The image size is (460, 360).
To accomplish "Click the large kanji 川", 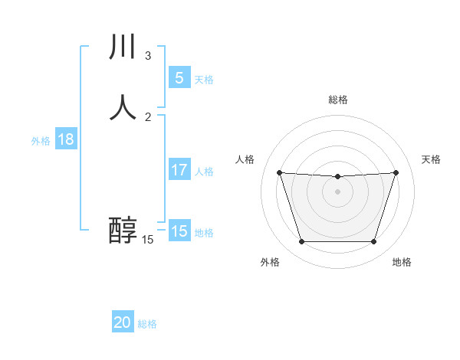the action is point(123,47).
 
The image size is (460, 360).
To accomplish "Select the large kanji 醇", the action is point(123,231).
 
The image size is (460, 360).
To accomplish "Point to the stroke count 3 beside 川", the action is point(148,56).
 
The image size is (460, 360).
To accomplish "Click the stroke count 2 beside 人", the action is point(148,116).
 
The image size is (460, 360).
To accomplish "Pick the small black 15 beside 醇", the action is point(148,240).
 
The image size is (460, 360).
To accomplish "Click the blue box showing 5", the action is point(179,78).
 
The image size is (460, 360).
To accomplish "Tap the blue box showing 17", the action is point(179,170).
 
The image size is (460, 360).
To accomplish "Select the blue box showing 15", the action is point(179,231).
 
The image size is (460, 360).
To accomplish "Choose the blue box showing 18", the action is point(66,139).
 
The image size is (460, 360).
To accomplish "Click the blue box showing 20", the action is point(123,322).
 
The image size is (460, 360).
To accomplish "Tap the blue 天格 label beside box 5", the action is point(204,80).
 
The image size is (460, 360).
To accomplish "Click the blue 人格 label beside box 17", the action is point(204,172).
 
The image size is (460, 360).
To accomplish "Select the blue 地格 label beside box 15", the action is point(204,233).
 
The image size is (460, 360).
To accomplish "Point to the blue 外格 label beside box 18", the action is point(41,141).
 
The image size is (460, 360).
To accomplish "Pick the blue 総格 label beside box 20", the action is point(147,324).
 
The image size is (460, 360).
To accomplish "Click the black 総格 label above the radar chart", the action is point(337,100).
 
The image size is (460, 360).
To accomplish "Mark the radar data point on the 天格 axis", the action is point(396,172).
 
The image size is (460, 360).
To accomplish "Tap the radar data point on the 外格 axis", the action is point(301,242).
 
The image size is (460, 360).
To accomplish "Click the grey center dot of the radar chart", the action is point(337,191).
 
